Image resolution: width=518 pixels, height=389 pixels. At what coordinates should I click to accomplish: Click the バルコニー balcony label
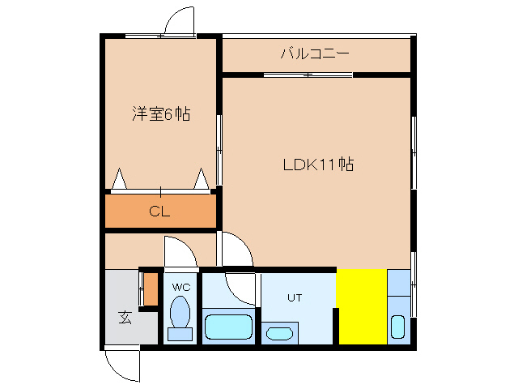click(x=314, y=54)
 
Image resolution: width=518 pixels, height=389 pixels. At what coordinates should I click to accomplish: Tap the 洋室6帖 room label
click(x=161, y=114)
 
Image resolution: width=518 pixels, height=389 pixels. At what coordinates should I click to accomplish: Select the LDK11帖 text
click(x=317, y=165)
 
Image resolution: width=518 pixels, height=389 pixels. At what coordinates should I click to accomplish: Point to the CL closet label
click(x=159, y=213)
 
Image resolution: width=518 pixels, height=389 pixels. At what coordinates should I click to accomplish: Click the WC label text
click(x=180, y=287)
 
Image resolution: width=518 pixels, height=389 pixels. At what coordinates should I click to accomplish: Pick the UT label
click(x=294, y=297)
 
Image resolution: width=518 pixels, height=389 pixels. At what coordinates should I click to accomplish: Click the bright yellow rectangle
click(x=361, y=306)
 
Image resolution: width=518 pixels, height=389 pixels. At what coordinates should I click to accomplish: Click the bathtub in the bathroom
click(x=230, y=327)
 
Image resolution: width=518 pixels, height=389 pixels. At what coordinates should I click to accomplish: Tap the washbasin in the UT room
click(x=280, y=332)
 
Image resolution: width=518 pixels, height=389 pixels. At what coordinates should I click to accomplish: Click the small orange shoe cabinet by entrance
click(x=150, y=287)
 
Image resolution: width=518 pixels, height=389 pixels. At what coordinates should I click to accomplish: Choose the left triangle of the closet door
click(x=120, y=178)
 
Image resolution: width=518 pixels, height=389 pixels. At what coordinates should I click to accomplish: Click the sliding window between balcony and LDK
click(x=308, y=75)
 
